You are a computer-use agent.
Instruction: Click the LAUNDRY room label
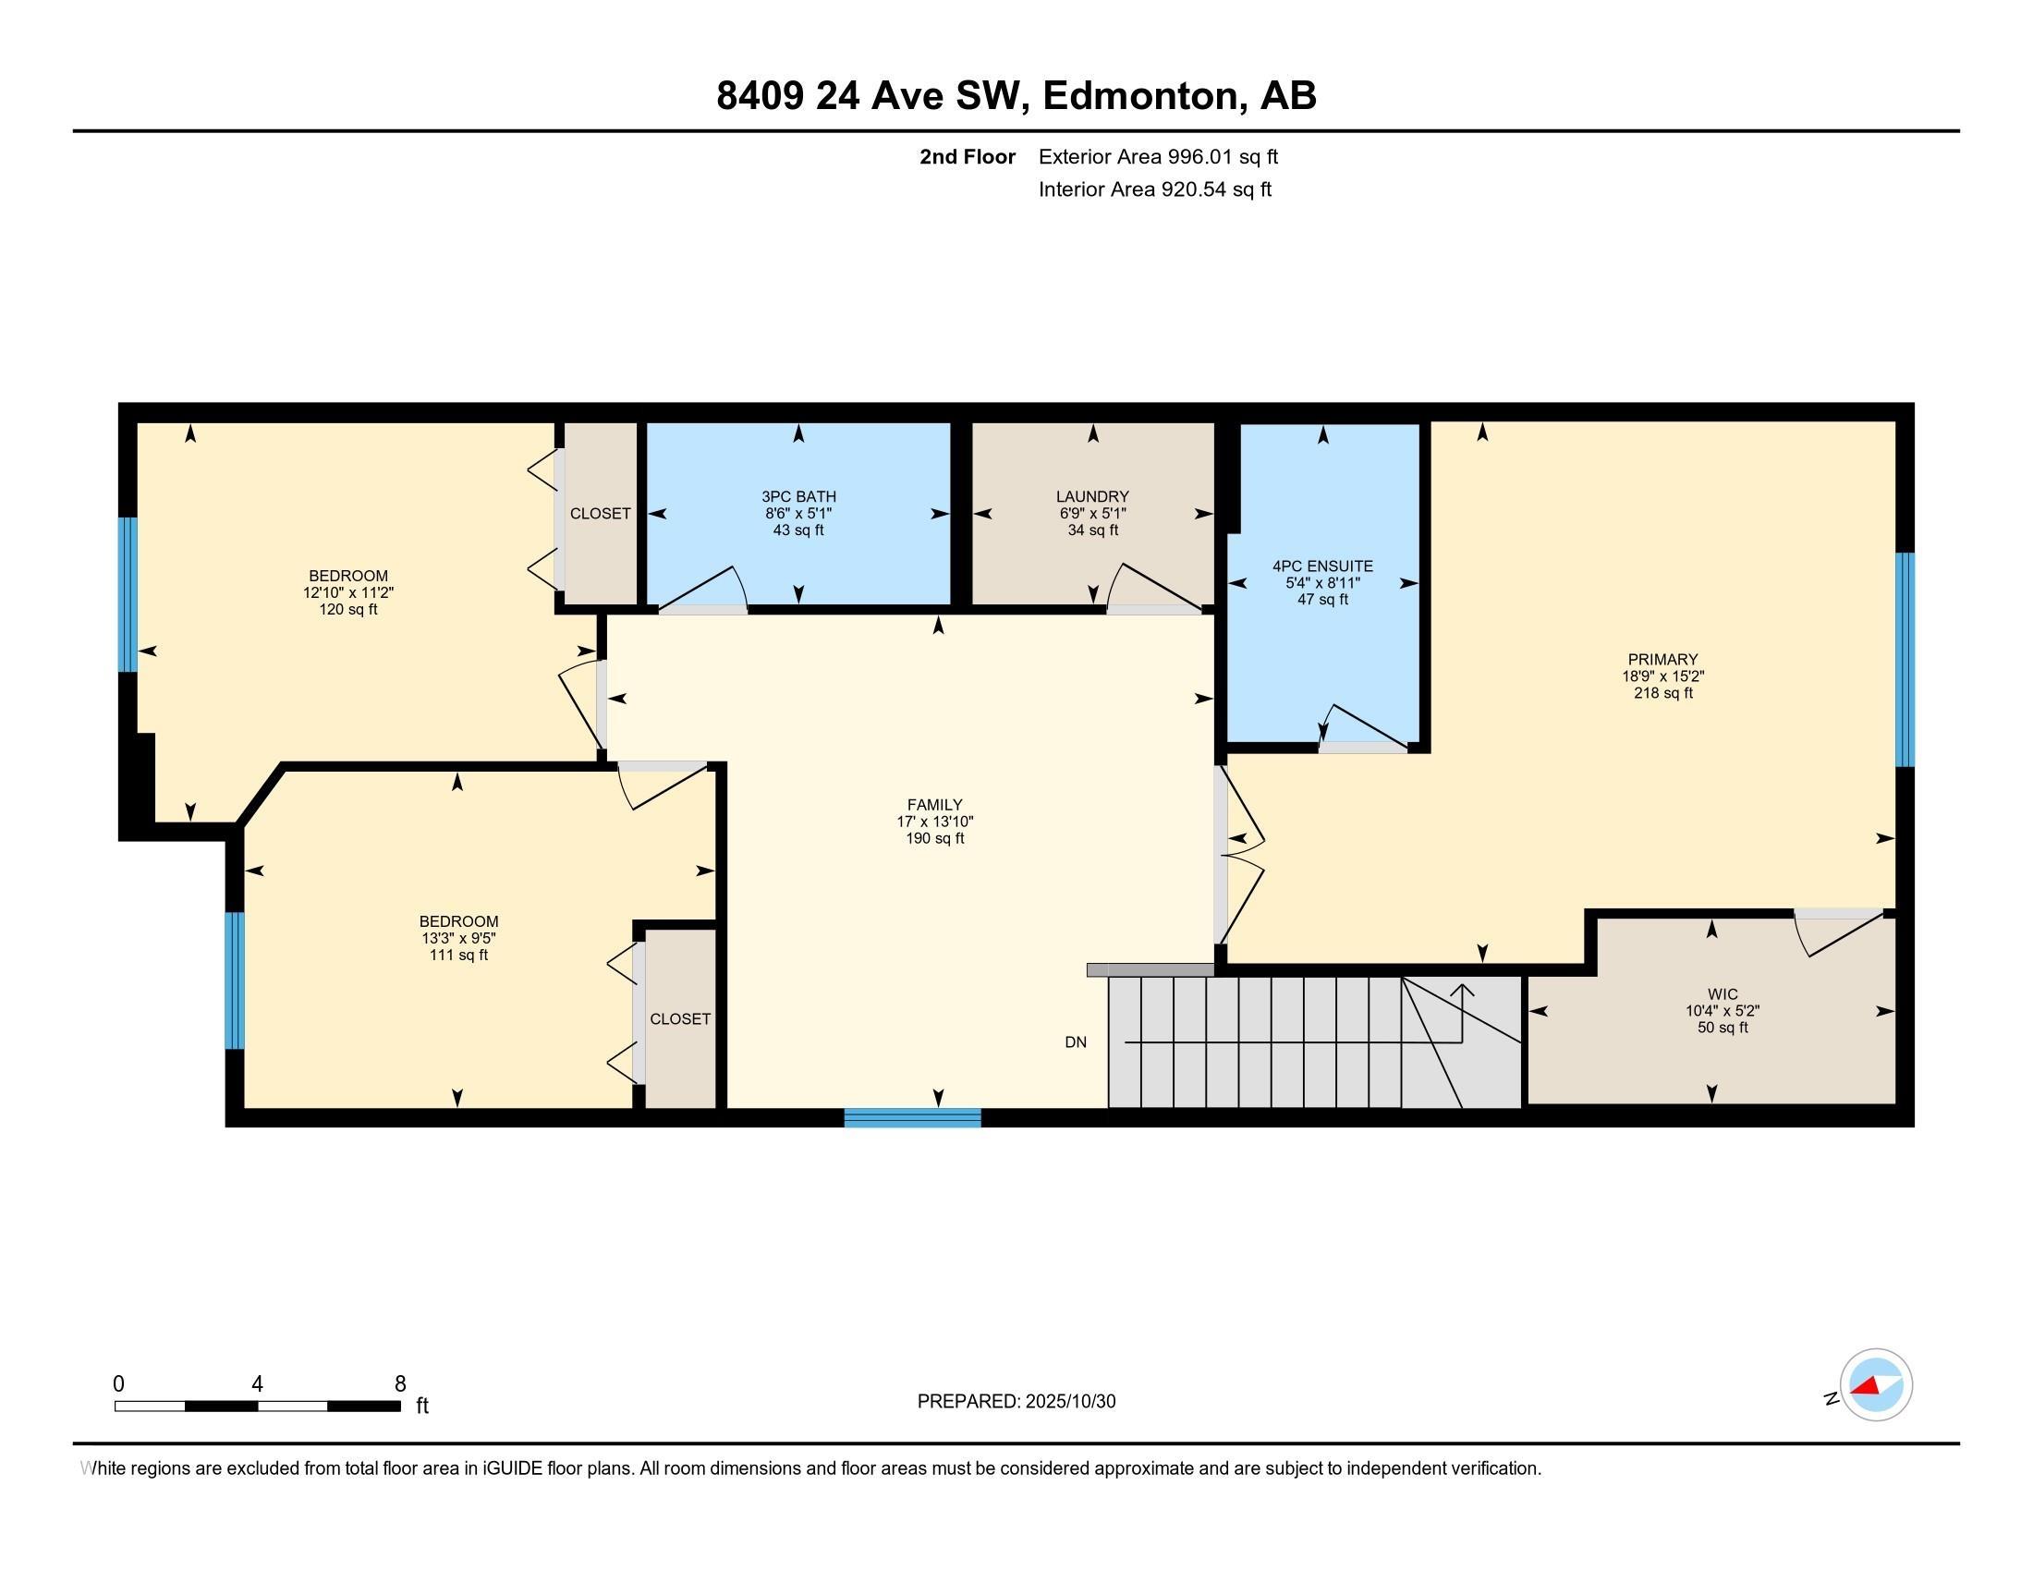tap(1092, 497)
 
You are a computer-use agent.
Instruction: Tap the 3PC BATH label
tap(797, 497)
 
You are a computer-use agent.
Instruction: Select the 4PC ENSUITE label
tap(1321, 566)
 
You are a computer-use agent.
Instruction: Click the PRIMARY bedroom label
tap(1662, 660)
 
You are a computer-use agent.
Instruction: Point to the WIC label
tap(1723, 994)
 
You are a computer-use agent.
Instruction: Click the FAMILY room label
tap(934, 805)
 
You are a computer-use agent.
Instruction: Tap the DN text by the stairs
tap(1075, 1042)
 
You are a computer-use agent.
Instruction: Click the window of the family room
tap(912, 1118)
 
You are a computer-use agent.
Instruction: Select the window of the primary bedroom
tap(1905, 659)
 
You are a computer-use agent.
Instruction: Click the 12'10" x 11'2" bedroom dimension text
tap(348, 593)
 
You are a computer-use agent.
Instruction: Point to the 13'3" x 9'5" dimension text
tap(458, 938)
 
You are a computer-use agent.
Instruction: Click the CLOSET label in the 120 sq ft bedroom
tap(601, 514)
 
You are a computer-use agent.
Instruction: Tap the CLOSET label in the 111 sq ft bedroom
tap(679, 1019)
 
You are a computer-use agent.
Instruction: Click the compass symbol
tap(1875, 1385)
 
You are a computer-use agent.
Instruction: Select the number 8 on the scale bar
tap(400, 1384)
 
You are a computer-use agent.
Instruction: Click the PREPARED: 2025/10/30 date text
tap(1016, 1402)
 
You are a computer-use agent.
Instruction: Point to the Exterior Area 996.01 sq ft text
tap(1158, 156)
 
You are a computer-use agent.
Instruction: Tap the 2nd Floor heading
tap(968, 156)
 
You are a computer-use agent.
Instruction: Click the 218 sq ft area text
tap(1662, 693)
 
